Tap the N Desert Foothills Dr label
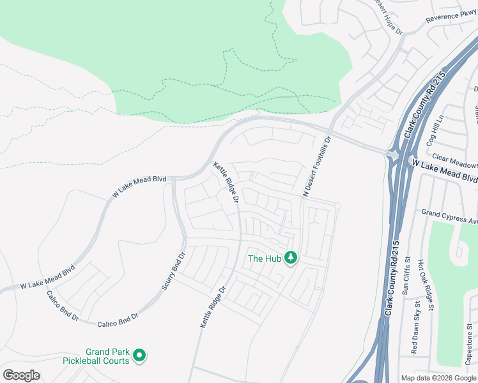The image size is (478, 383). pyautogui.click(x=317, y=165)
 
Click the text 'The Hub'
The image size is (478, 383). pyautogui.click(x=263, y=259)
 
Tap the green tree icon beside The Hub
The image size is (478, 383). pyautogui.click(x=291, y=258)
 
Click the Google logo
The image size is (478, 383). pyautogui.click(x=21, y=375)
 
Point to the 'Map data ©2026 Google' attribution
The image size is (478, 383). pyautogui.click(x=438, y=378)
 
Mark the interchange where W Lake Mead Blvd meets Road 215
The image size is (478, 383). pyautogui.click(x=393, y=154)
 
